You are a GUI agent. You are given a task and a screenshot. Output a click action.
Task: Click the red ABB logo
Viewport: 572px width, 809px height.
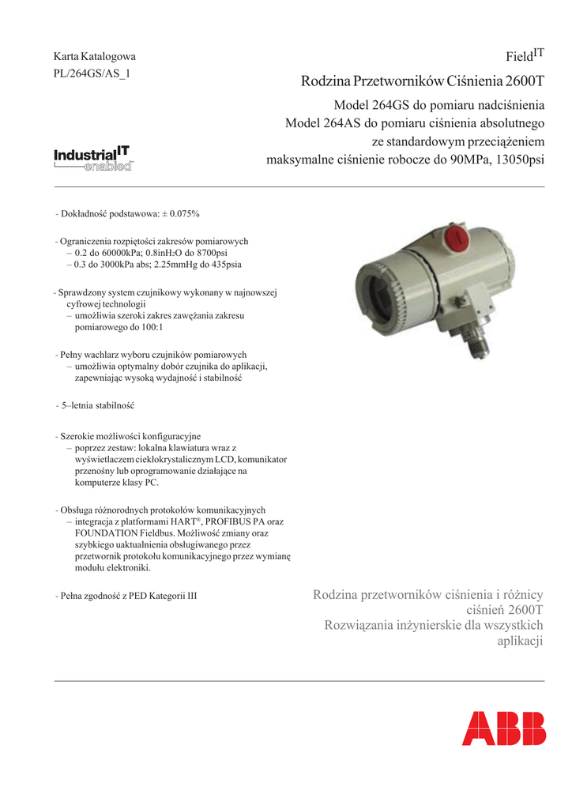503,728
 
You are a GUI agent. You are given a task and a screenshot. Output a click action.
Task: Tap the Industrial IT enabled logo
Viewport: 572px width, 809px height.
93,157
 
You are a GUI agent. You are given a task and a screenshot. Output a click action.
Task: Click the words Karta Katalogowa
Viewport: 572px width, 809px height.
94,57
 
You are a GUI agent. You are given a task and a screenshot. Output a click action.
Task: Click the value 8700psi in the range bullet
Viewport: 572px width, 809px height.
205,254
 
